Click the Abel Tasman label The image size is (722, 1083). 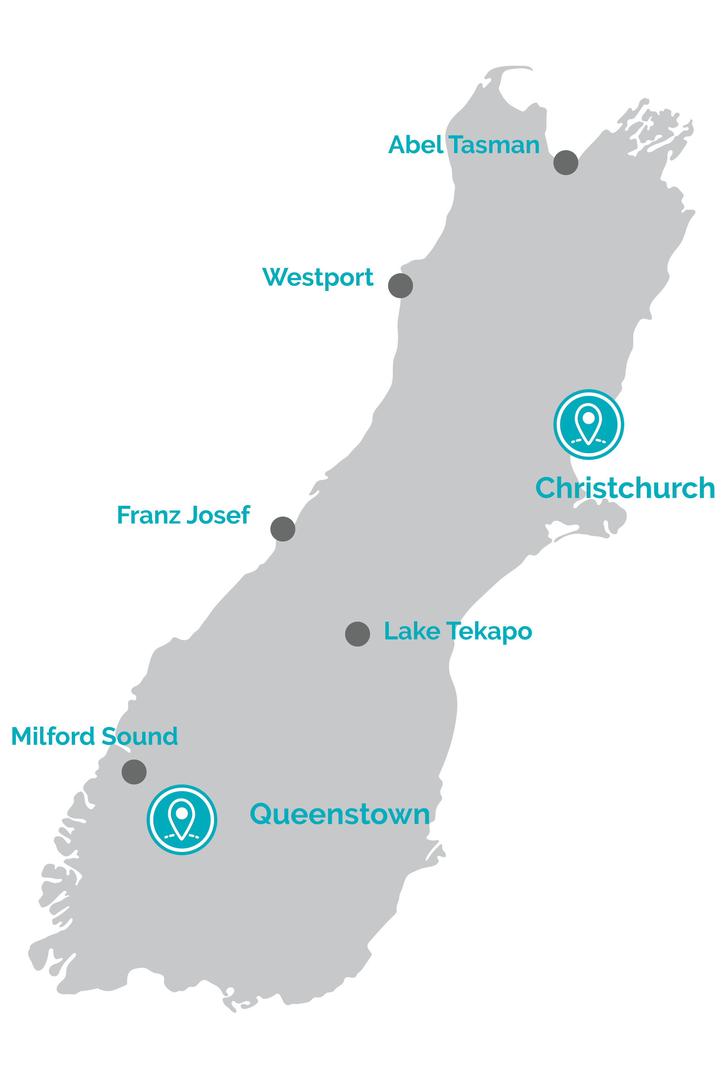coord(463,145)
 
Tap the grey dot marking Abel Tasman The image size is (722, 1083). coord(566,162)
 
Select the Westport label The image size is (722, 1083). coord(317,278)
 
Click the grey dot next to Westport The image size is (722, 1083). coord(401,286)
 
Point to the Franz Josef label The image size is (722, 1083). coord(183,515)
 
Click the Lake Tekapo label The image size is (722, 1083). coord(458,631)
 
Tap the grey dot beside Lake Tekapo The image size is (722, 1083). coord(357,634)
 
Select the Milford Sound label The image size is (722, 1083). coord(94,736)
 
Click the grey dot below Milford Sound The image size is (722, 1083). coord(134,772)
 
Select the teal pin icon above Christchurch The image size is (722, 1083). coord(588,424)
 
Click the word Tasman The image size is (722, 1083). coord(494,145)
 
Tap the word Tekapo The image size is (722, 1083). coord(490,631)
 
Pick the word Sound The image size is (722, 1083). coord(139,736)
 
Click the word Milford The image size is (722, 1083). coord(53,736)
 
